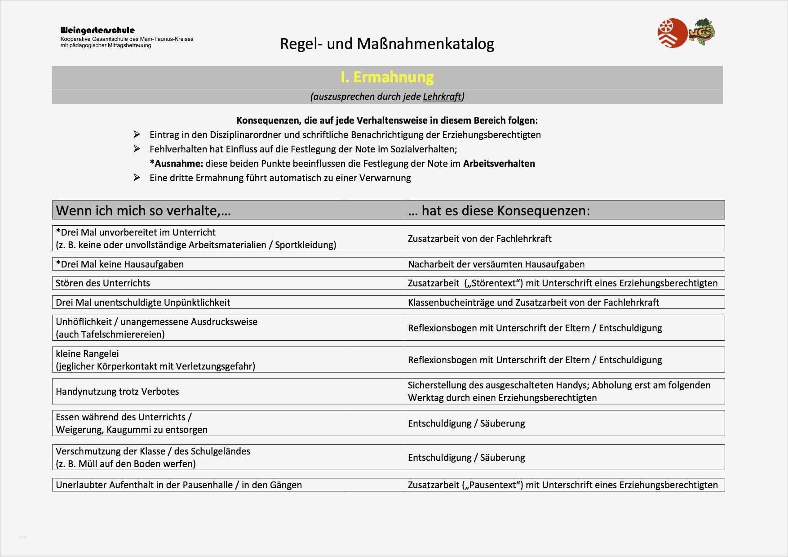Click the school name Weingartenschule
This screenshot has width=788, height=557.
(x=97, y=31)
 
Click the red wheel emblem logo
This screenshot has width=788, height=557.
(x=672, y=33)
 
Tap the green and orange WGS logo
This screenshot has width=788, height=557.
(x=702, y=32)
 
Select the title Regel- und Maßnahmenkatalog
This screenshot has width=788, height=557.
(x=387, y=44)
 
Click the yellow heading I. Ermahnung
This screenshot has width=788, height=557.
(x=387, y=77)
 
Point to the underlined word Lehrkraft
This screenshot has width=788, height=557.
(x=442, y=96)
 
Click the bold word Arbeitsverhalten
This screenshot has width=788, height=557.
(x=499, y=164)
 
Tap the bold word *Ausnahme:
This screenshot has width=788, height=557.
(x=176, y=164)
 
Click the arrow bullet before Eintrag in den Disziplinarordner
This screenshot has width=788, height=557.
(x=137, y=134)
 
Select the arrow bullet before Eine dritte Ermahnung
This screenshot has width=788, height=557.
(x=137, y=178)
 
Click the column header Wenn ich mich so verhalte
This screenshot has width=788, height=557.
(x=143, y=210)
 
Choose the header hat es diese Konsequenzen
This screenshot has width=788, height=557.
(x=499, y=210)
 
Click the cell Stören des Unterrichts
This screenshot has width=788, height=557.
(x=103, y=283)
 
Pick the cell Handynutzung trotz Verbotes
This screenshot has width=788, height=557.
(x=117, y=392)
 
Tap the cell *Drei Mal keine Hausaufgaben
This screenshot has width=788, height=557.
(x=120, y=264)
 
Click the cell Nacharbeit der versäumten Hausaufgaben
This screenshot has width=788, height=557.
(x=496, y=264)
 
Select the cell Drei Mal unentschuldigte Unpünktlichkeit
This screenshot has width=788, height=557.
(x=143, y=303)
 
